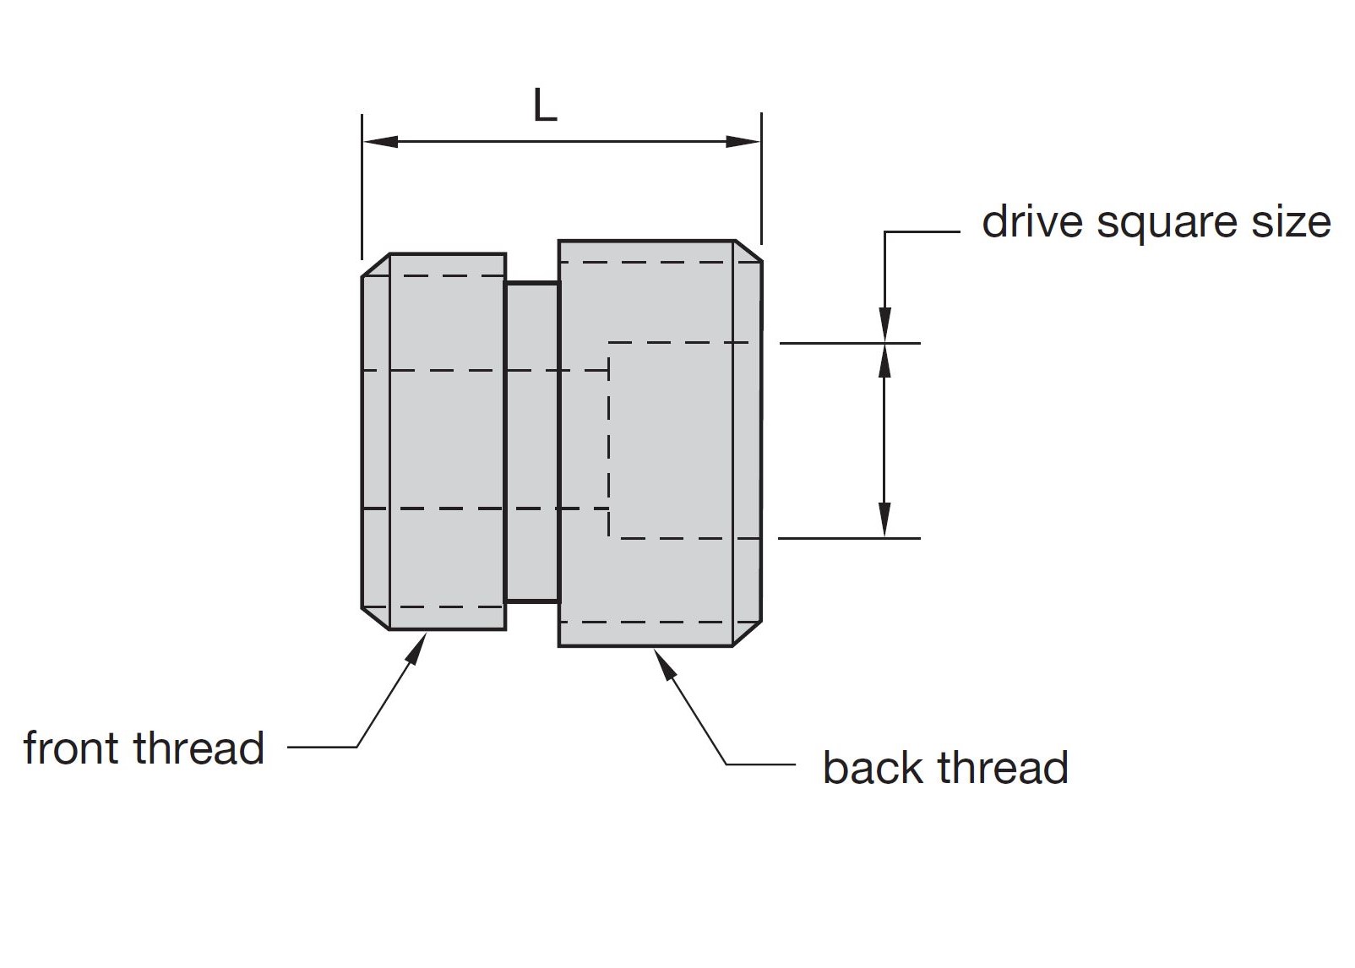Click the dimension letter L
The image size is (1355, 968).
point(544,106)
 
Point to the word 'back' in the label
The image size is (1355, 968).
point(873,768)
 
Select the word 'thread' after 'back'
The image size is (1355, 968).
point(1003,768)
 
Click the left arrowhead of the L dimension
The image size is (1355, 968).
point(380,142)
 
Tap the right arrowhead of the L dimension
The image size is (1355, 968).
point(743,142)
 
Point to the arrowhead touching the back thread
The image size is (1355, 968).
point(664,666)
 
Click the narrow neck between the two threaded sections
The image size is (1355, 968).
point(531,443)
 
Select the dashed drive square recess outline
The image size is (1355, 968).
point(608,440)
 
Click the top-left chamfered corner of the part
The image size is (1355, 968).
point(376,265)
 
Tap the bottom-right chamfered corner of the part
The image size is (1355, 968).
point(748,633)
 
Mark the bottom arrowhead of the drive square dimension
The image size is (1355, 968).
point(884,520)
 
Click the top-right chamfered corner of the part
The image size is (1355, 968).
point(748,251)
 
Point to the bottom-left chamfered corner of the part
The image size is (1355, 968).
point(376,618)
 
